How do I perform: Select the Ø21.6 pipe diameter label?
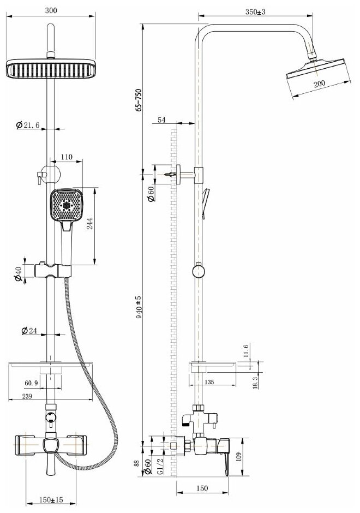[x=28, y=126]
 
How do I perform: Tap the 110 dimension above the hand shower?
[x=67, y=157]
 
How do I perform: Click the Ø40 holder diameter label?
[x=19, y=274]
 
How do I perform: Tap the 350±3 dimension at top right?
[x=255, y=11]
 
